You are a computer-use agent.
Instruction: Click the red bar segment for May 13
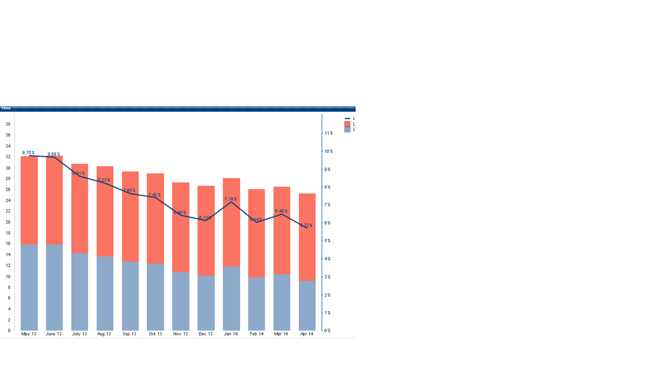pos(29,200)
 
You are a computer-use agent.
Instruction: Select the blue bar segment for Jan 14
pos(231,298)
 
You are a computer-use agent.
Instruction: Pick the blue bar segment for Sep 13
pos(130,296)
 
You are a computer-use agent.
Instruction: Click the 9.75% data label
pos(28,153)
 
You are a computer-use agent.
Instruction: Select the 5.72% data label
pos(306,225)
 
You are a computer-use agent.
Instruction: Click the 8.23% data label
pos(104,180)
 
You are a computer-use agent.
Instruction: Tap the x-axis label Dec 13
pos(206,334)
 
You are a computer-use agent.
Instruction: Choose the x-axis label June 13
pos(54,334)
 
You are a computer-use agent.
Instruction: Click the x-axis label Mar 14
pos(281,334)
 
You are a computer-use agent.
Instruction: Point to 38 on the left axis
pos(8,124)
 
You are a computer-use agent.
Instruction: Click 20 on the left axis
pos(8,222)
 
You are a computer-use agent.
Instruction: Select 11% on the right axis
pos(328,133)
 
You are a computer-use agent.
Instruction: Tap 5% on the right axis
pos(328,241)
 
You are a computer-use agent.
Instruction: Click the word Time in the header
pos(6,108)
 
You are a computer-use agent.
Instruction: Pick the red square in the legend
pos(348,124)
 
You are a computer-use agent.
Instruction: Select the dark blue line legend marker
pos(348,119)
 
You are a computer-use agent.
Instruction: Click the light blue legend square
pos(348,130)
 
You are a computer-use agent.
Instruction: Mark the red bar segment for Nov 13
pos(181,227)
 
